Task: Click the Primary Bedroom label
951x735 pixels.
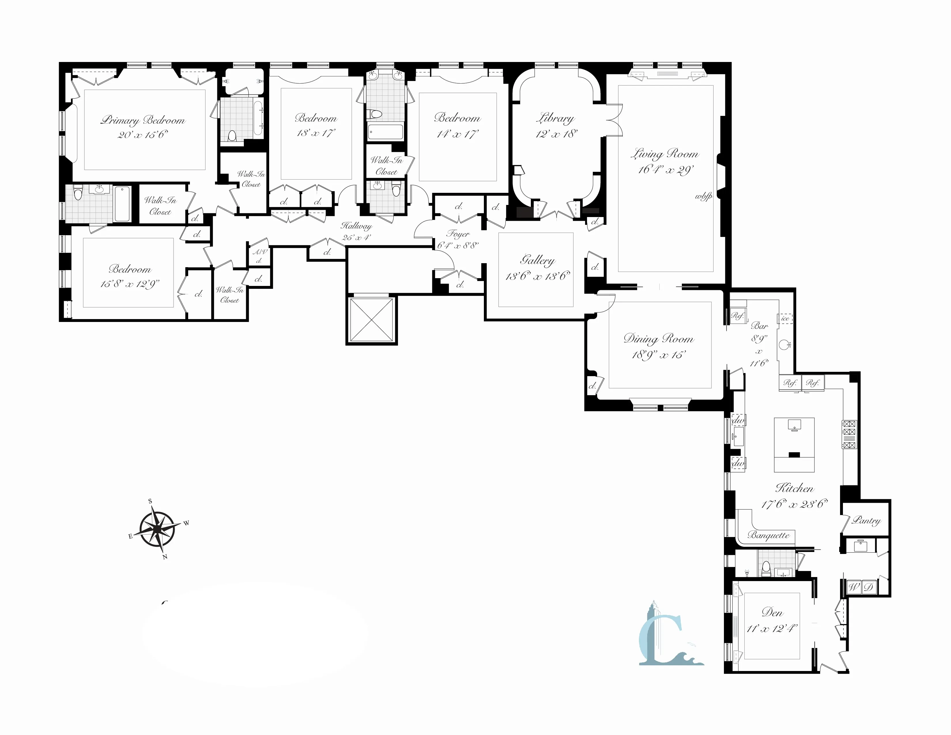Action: coord(143,120)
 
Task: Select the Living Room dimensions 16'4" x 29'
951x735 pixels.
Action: coord(665,169)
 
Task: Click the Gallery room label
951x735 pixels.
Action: coord(537,260)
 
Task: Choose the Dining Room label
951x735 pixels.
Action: coord(658,339)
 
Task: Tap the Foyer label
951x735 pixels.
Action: coord(458,234)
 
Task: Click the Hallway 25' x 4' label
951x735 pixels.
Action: coord(356,231)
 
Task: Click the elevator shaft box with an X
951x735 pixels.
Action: coord(371,320)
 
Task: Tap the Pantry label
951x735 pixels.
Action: coord(866,520)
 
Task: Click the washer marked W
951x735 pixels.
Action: coord(853,587)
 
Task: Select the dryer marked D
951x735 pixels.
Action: coord(868,587)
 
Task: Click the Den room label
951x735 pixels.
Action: coord(772,612)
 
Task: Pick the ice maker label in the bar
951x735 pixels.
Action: coord(785,318)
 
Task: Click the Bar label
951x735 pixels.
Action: coord(759,326)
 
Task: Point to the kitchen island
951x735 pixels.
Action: coord(794,444)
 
